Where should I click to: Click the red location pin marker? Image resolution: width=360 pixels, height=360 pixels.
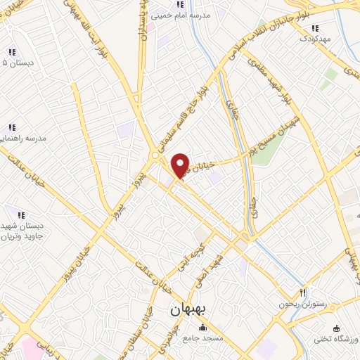click(181, 165)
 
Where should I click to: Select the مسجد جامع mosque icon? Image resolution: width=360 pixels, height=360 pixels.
click(203, 327)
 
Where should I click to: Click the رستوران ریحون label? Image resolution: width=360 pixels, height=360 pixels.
click(325, 304)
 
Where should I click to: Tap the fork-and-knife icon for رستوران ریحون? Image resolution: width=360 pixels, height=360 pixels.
click(303, 292)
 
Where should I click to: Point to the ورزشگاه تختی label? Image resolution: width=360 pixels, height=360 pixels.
click(337, 340)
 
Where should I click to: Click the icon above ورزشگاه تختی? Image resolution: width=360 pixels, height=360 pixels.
click(337, 328)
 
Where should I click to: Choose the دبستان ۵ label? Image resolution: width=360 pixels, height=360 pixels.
click(13, 63)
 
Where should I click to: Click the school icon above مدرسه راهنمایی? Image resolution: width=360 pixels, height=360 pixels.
click(12, 127)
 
